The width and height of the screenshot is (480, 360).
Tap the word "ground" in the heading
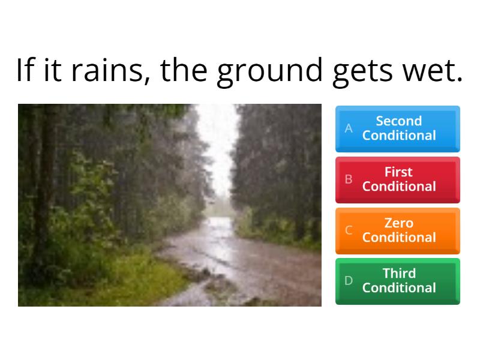pos(269,71)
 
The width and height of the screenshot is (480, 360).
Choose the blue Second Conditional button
pos(398,128)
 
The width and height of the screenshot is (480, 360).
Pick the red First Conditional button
pos(398,179)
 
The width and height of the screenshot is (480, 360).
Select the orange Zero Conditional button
pos(398,230)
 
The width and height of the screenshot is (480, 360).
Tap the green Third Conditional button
pos(398,281)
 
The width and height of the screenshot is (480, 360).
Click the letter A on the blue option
pos(349,128)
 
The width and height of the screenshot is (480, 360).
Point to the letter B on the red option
pos(349,179)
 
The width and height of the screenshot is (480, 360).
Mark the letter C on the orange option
pos(349,230)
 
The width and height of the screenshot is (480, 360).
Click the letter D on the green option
pos(349,281)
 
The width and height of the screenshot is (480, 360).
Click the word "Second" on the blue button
pos(399,121)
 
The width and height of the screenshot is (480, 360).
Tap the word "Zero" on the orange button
pos(399,223)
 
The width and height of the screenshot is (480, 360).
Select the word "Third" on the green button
pos(399,274)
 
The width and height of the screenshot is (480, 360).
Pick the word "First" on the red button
pos(399,172)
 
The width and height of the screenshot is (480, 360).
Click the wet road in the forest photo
pos(240,258)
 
